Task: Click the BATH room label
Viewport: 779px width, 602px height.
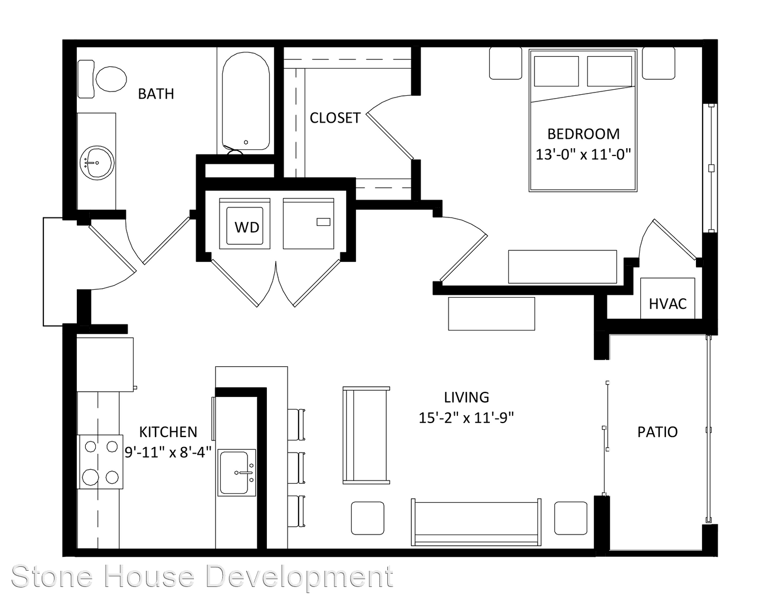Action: coord(156,94)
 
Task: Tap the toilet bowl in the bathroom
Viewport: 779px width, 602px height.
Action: coord(111,79)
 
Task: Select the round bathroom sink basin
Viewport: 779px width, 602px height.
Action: coord(97,163)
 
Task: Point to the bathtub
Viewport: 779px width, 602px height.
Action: coord(246,101)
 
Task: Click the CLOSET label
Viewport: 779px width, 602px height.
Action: coord(335,118)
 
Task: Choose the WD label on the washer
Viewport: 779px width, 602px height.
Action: coord(247,227)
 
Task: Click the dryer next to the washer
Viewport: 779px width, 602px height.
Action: coord(308,224)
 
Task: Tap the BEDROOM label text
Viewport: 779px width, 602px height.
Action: coord(583,134)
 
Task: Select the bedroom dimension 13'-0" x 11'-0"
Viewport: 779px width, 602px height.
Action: coord(583,155)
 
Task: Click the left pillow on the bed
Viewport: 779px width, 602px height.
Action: coord(556,71)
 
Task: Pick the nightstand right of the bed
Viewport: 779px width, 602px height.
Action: coord(659,63)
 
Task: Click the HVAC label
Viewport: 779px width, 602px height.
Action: coord(668,304)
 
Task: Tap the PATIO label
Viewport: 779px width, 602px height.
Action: coord(658,432)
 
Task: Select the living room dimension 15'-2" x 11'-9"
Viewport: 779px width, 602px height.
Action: coord(466,418)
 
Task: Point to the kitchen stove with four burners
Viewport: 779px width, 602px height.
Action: coord(100,462)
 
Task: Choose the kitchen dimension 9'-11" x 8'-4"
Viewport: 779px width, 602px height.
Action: coord(168,453)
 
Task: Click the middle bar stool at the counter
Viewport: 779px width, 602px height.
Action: coord(296,468)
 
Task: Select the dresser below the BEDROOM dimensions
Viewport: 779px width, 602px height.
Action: coord(562,267)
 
